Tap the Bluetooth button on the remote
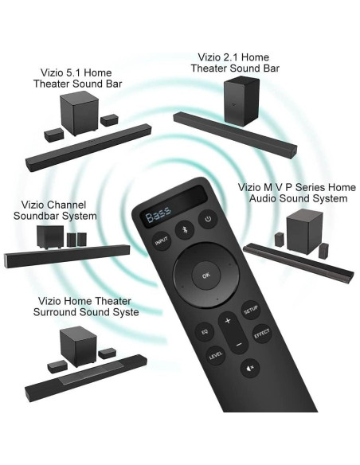tap(185, 229)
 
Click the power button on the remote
tap(209, 219)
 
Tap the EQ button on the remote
tap(203, 330)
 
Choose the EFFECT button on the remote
tap(262, 334)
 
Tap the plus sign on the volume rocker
tap(228, 321)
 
